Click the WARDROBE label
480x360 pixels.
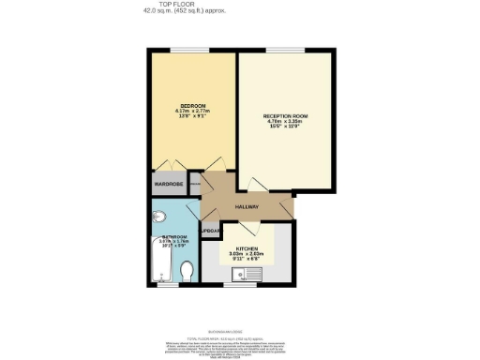coord(169,185)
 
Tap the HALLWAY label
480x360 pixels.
coord(247,206)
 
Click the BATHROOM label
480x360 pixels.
coord(174,237)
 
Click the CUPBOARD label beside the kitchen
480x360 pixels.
coord(212,231)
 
